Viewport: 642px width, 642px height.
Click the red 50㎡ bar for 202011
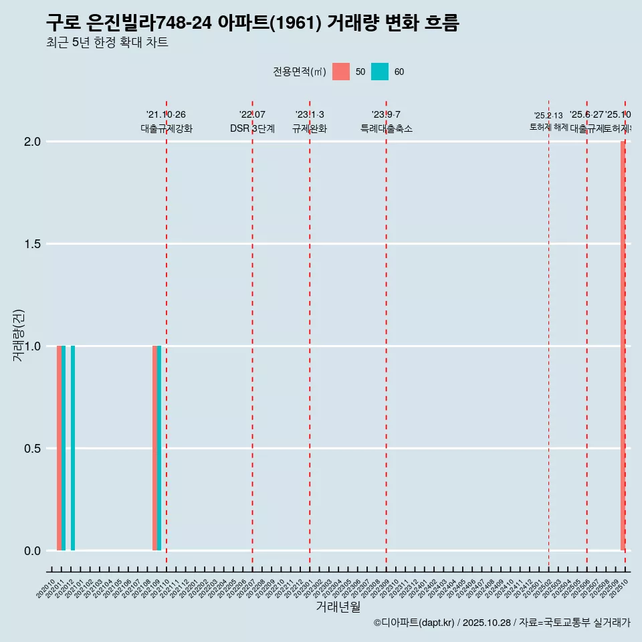tap(59, 448)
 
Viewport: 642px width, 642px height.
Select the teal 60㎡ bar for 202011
tap(64, 448)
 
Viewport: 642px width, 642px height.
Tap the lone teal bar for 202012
tap(73, 448)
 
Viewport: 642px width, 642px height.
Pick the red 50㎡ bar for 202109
tap(154, 448)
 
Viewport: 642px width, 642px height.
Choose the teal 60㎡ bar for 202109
tap(159, 448)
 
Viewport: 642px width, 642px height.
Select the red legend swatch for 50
tap(341, 72)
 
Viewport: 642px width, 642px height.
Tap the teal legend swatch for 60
tap(380, 72)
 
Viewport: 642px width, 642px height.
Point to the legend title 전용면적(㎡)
tap(300, 72)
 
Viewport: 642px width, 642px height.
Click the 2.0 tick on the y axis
tap(33, 142)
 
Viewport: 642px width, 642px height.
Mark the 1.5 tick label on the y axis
tap(33, 244)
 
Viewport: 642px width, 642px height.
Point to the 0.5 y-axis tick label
tap(33, 449)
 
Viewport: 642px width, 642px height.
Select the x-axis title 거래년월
tap(338, 607)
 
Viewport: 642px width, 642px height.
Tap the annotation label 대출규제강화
tap(167, 128)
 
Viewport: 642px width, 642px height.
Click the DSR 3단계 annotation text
tap(252, 128)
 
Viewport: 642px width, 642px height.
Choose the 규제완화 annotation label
tap(310, 128)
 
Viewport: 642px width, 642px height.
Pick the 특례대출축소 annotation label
tap(387, 128)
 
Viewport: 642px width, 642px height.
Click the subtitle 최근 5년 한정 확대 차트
tap(107, 43)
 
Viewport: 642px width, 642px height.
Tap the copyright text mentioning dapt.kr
tap(502, 623)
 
